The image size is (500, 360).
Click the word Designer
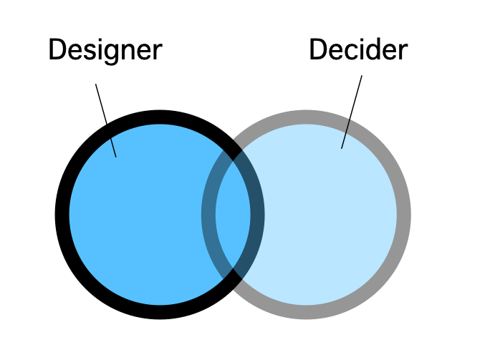tap(105, 50)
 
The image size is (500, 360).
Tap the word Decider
tap(358, 50)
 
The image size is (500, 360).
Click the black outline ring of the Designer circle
tap(63, 215)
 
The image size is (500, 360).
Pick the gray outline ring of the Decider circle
tap(403, 215)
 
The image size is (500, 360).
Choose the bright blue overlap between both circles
tap(233, 215)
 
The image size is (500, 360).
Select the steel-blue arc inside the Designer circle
tap(209, 215)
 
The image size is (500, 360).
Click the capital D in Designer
tap(57, 50)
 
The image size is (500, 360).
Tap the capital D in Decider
tap(318, 50)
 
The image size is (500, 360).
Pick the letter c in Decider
tap(350, 52)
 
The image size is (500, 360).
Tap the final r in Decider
tap(403, 52)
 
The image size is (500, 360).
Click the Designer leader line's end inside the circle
tap(115, 156)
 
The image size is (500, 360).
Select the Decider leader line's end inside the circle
tap(342, 147)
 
